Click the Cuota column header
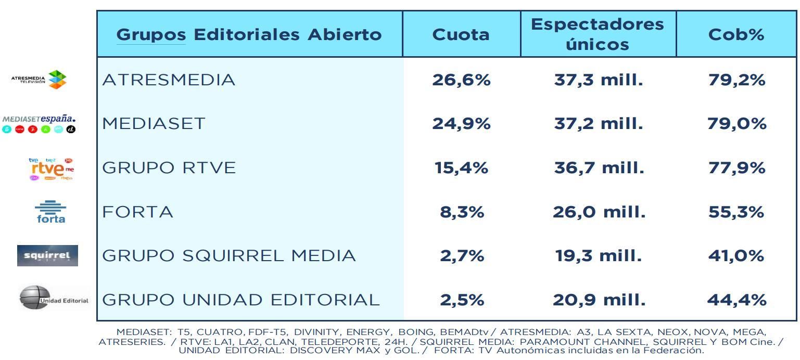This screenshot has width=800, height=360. point(461,34)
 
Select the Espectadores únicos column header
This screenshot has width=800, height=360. point(598,34)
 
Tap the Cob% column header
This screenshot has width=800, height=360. point(736,34)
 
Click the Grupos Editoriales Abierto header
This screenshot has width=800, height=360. point(249,34)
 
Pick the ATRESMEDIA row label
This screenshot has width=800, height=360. point(169,80)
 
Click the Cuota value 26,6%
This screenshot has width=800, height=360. point(461,80)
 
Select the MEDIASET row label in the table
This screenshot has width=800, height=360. point(154,124)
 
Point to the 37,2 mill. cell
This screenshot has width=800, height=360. point(598,124)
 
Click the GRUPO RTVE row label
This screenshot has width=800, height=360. point(169,168)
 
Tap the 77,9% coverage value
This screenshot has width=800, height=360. point(736,168)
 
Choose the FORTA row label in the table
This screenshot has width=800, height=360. point(138,212)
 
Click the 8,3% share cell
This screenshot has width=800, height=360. point(461,212)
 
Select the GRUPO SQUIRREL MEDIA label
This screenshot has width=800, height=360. point(229,256)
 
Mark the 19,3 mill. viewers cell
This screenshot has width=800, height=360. point(598,256)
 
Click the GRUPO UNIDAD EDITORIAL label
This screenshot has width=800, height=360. point(240,300)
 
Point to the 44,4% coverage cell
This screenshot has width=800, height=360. point(736,300)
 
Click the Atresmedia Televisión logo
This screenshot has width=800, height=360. point(40,80)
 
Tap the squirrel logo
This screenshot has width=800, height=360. point(47,255)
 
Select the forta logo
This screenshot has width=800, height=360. point(50,212)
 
